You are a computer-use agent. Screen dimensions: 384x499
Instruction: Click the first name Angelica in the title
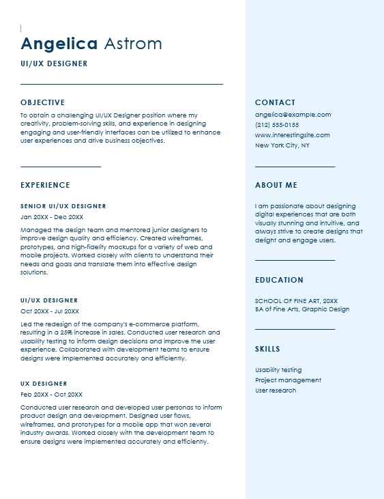(x=59, y=44)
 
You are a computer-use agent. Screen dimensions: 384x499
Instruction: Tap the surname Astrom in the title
(x=133, y=44)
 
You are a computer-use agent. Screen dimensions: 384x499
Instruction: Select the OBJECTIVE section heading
(x=42, y=102)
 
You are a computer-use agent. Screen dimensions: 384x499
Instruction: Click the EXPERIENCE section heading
(x=45, y=185)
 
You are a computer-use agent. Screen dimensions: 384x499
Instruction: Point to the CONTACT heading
(x=276, y=102)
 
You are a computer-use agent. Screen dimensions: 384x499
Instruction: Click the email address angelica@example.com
(x=293, y=115)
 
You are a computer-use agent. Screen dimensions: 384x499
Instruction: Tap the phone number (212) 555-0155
(x=277, y=125)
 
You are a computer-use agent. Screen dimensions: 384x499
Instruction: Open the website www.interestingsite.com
(x=292, y=135)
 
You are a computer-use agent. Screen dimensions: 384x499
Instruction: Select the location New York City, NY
(x=282, y=145)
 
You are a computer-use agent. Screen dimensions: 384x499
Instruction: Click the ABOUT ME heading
(x=276, y=185)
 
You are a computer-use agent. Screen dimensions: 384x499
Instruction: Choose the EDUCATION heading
(x=280, y=280)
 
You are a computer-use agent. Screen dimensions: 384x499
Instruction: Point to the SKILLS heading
(x=267, y=349)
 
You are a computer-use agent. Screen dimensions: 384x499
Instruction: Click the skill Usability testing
(x=278, y=370)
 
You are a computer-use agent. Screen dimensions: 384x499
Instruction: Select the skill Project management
(x=288, y=380)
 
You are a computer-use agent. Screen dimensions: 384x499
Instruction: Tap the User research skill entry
(x=276, y=390)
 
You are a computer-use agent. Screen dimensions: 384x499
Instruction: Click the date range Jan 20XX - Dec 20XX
(x=52, y=216)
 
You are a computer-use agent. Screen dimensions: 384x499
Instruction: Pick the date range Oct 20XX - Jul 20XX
(x=51, y=311)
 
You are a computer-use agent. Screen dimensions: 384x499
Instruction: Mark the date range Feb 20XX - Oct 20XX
(x=51, y=395)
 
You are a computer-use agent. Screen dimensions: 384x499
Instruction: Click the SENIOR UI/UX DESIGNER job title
(x=63, y=206)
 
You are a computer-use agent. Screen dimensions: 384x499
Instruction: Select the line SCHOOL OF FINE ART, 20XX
(x=296, y=300)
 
